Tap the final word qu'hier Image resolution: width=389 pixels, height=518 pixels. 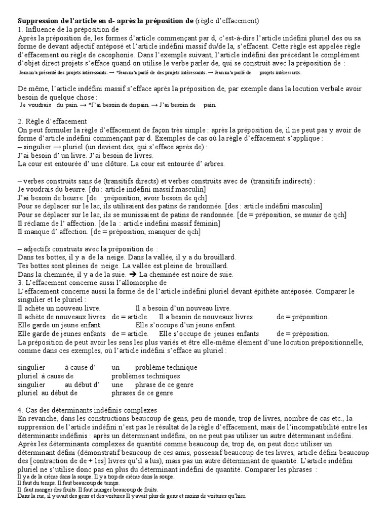235,496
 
